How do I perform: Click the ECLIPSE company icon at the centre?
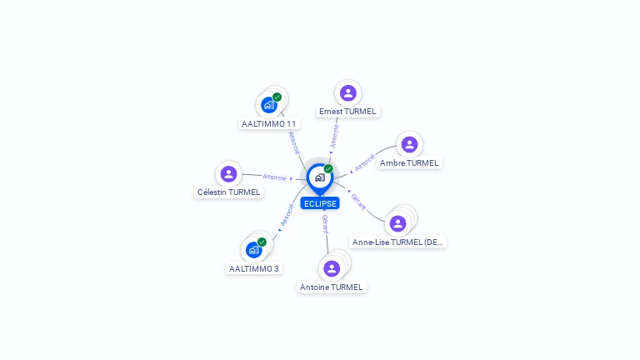pos(319,177)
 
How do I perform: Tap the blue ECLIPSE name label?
pos(320,203)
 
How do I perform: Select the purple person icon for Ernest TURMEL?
pos(348,92)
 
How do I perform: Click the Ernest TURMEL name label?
pos(347,112)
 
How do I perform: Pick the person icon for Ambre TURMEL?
pos(409,144)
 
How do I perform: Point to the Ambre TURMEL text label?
pos(409,163)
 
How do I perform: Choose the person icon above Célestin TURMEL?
pos(229,173)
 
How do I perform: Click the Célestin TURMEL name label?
pos(229,192)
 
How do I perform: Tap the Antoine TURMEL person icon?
pos(332,268)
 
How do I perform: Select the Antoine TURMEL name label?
pos(332,287)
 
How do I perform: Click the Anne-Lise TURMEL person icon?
pos(398,223)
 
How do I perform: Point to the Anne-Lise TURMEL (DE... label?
pos(398,242)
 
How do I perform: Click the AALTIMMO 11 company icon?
pos(268,105)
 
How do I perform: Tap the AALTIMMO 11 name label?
pos(268,123)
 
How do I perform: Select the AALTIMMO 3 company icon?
pos(253,250)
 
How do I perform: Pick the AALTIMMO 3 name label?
pos(254,269)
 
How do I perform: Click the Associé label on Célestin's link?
pos(274,177)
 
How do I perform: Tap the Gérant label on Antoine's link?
pos(325,222)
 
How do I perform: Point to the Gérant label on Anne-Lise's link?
pos(358,201)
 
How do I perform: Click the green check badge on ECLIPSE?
pos(328,168)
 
